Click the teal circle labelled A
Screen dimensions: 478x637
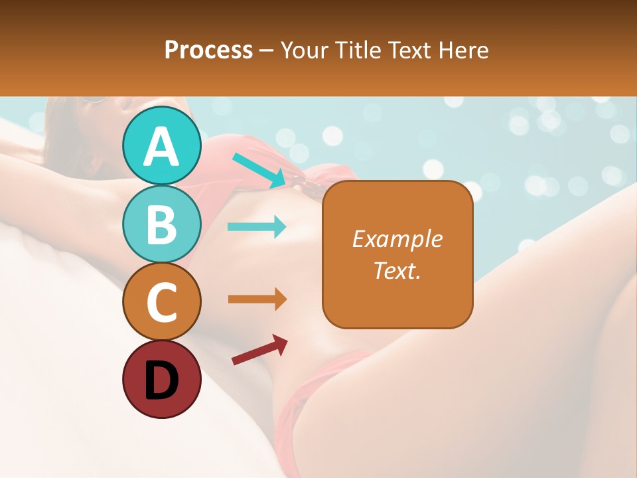[x=161, y=145]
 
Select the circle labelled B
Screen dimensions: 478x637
[x=161, y=224]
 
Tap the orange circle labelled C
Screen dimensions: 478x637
[x=161, y=301]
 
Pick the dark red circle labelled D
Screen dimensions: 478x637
[x=161, y=379]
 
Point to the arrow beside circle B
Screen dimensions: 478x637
[x=257, y=227]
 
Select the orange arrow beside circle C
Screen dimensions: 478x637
[x=257, y=299]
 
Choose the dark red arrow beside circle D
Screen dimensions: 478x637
[x=259, y=350]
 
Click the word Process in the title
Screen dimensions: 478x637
[x=208, y=50]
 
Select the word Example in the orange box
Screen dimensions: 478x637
[x=397, y=239]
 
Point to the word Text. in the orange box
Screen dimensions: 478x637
[x=397, y=270]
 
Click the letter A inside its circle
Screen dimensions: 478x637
[x=161, y=147]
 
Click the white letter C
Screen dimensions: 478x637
[x=161, y=302]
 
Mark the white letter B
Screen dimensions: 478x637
[x=161, y=224]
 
